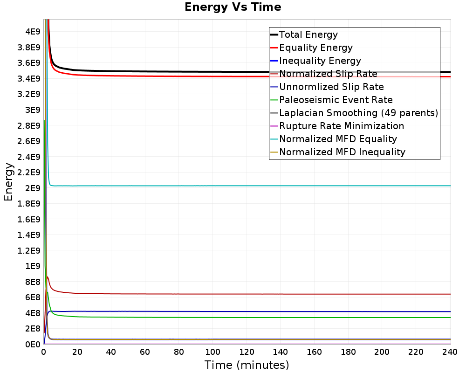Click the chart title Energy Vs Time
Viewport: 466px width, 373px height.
click(233, 7)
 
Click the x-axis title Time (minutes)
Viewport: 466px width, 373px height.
click(247, 365)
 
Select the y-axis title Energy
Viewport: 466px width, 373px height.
click(8, 182)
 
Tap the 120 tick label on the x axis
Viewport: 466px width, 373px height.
click(247, 352)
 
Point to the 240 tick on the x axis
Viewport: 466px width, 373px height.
click(450, 352)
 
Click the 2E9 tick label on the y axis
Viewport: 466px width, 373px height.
click(33, 188)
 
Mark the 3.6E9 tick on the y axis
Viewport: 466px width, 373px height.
click(29, 63)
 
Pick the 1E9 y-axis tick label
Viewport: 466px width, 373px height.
click(33, 266)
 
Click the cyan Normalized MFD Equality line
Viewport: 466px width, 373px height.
click(250, 186)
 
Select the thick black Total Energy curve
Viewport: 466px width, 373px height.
click(250, 72)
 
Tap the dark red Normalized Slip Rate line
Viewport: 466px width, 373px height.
click(250, 294)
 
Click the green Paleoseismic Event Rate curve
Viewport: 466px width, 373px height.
click(250, 318)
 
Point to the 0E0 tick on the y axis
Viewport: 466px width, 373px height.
click(33, 344)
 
